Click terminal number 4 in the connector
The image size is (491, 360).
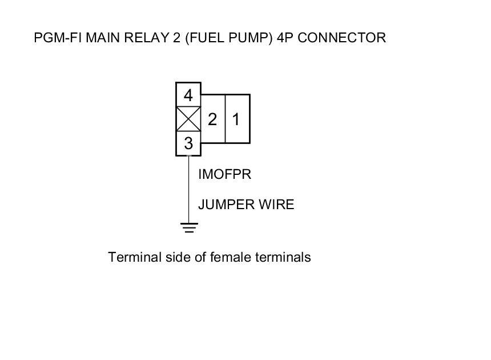188,95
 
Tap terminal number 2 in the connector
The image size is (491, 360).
212,119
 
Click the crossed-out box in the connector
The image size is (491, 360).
188,119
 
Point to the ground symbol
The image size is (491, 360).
189,227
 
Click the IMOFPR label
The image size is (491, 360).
224,174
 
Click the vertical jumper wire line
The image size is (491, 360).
188,189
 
